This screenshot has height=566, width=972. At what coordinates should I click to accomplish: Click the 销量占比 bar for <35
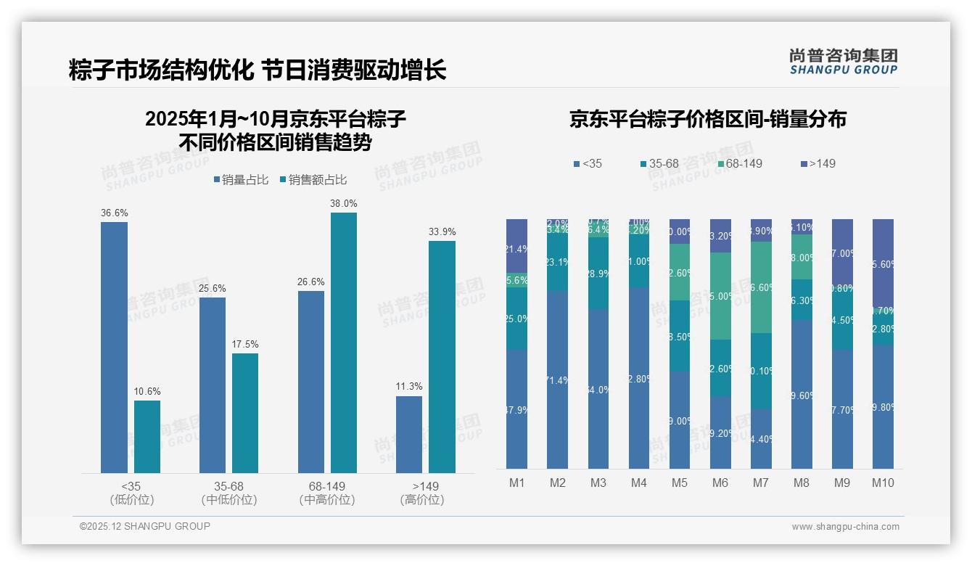tap(114, 348)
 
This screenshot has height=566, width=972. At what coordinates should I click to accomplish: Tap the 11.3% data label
tap(409, 387)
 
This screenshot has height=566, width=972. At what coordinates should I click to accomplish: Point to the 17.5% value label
tap(245, 344)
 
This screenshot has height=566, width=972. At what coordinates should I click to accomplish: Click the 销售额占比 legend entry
tap(313, 180)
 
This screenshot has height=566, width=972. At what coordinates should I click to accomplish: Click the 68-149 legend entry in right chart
tap(740, 164)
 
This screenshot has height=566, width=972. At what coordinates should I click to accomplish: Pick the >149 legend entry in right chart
tap(817, 164)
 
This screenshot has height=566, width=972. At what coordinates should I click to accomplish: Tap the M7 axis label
tap(761, 483)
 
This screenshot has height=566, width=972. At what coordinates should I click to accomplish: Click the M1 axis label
tap(517, 483)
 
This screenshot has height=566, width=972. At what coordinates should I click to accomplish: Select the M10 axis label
tap(883, 483)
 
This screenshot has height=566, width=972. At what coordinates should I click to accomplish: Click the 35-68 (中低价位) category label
tap(229, 493)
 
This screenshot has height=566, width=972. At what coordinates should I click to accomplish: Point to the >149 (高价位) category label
tap(421, 493)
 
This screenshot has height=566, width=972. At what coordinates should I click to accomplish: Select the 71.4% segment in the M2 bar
tap(558, 380)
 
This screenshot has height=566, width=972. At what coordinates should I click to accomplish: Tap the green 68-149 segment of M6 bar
tap(720, 296)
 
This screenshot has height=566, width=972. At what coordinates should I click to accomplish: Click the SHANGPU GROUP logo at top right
tap(843, 62)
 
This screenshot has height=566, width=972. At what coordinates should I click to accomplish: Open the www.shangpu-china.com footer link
tap(845, 527)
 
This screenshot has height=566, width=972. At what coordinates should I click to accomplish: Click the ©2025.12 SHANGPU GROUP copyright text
tap(145, 527)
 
